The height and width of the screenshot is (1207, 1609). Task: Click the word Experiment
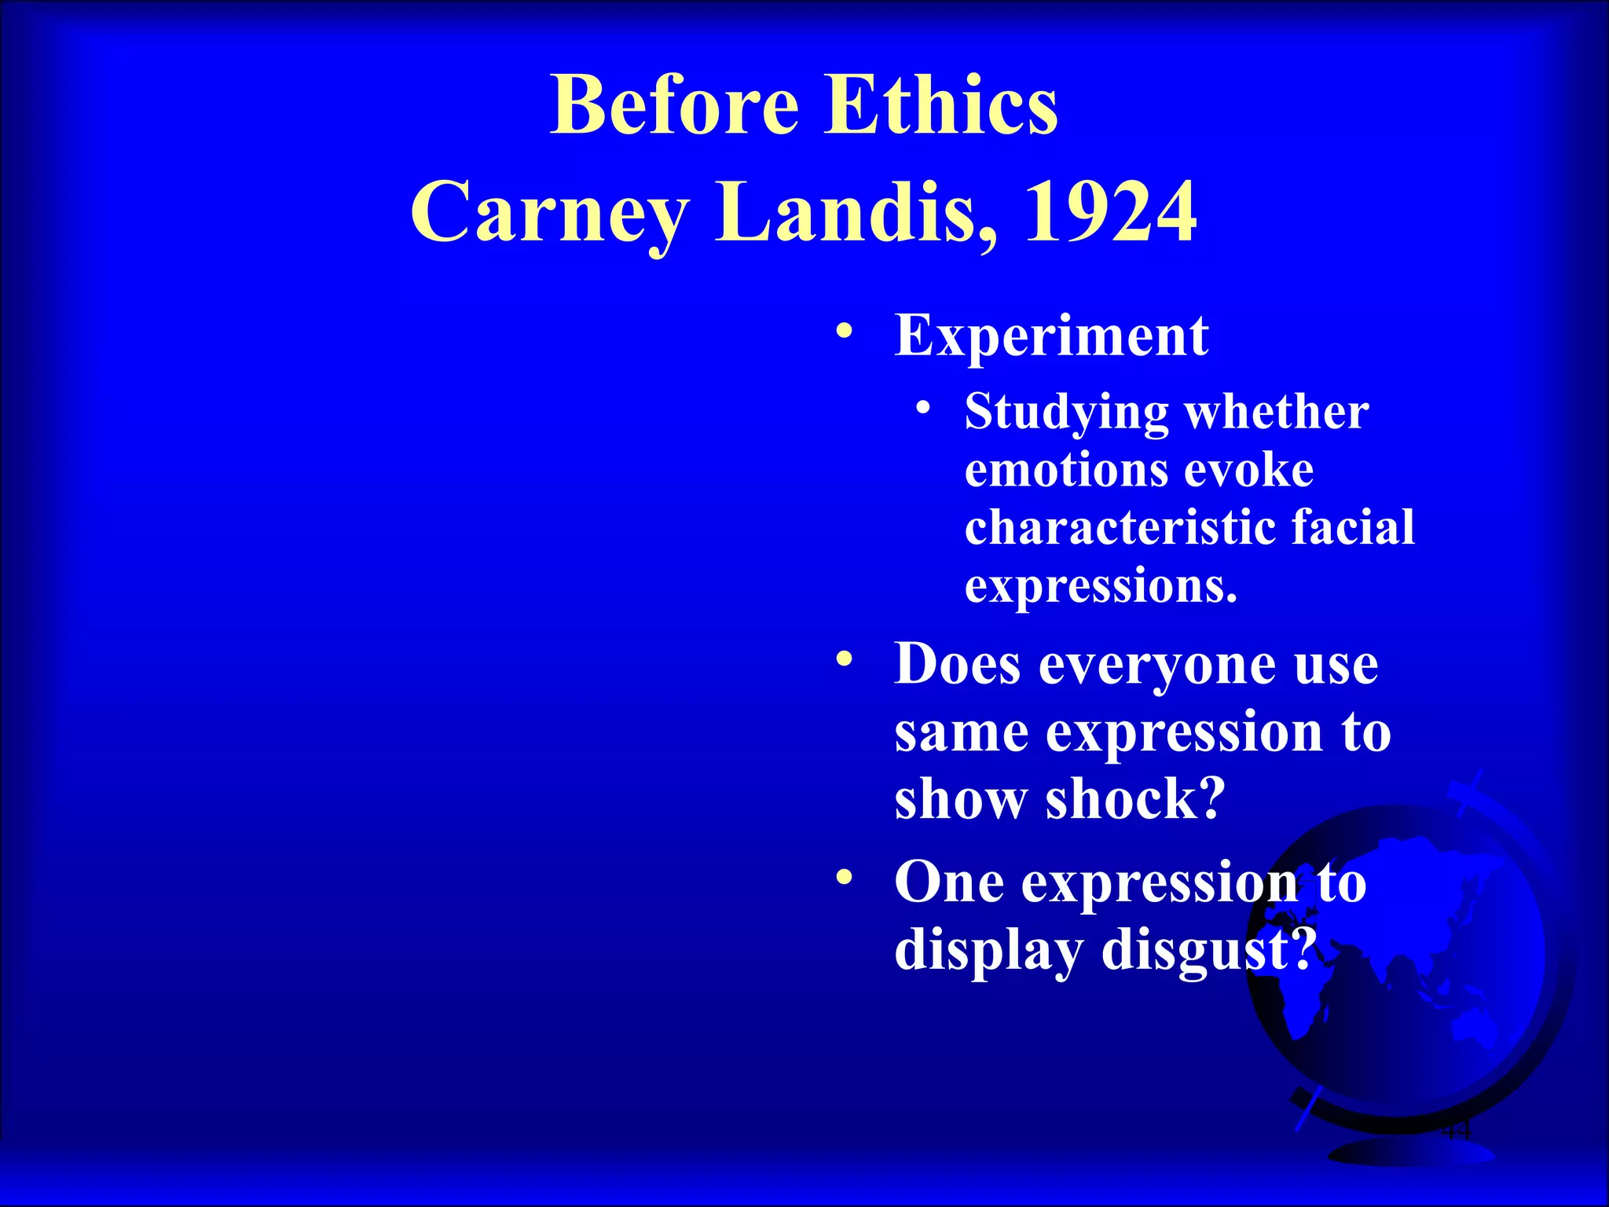(x=1051, y=336)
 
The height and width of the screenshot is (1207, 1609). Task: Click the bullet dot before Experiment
(x=844, y=330)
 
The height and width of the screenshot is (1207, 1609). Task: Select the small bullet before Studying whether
(x=924, y=407)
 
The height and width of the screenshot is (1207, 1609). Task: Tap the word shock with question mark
(x=1134, y=799)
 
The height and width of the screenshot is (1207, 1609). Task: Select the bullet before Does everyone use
(x=844, y=659)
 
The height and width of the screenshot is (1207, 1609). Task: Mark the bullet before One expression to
(x=844, y=876)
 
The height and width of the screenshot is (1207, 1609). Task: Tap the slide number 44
(x=1455, y=1132)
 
